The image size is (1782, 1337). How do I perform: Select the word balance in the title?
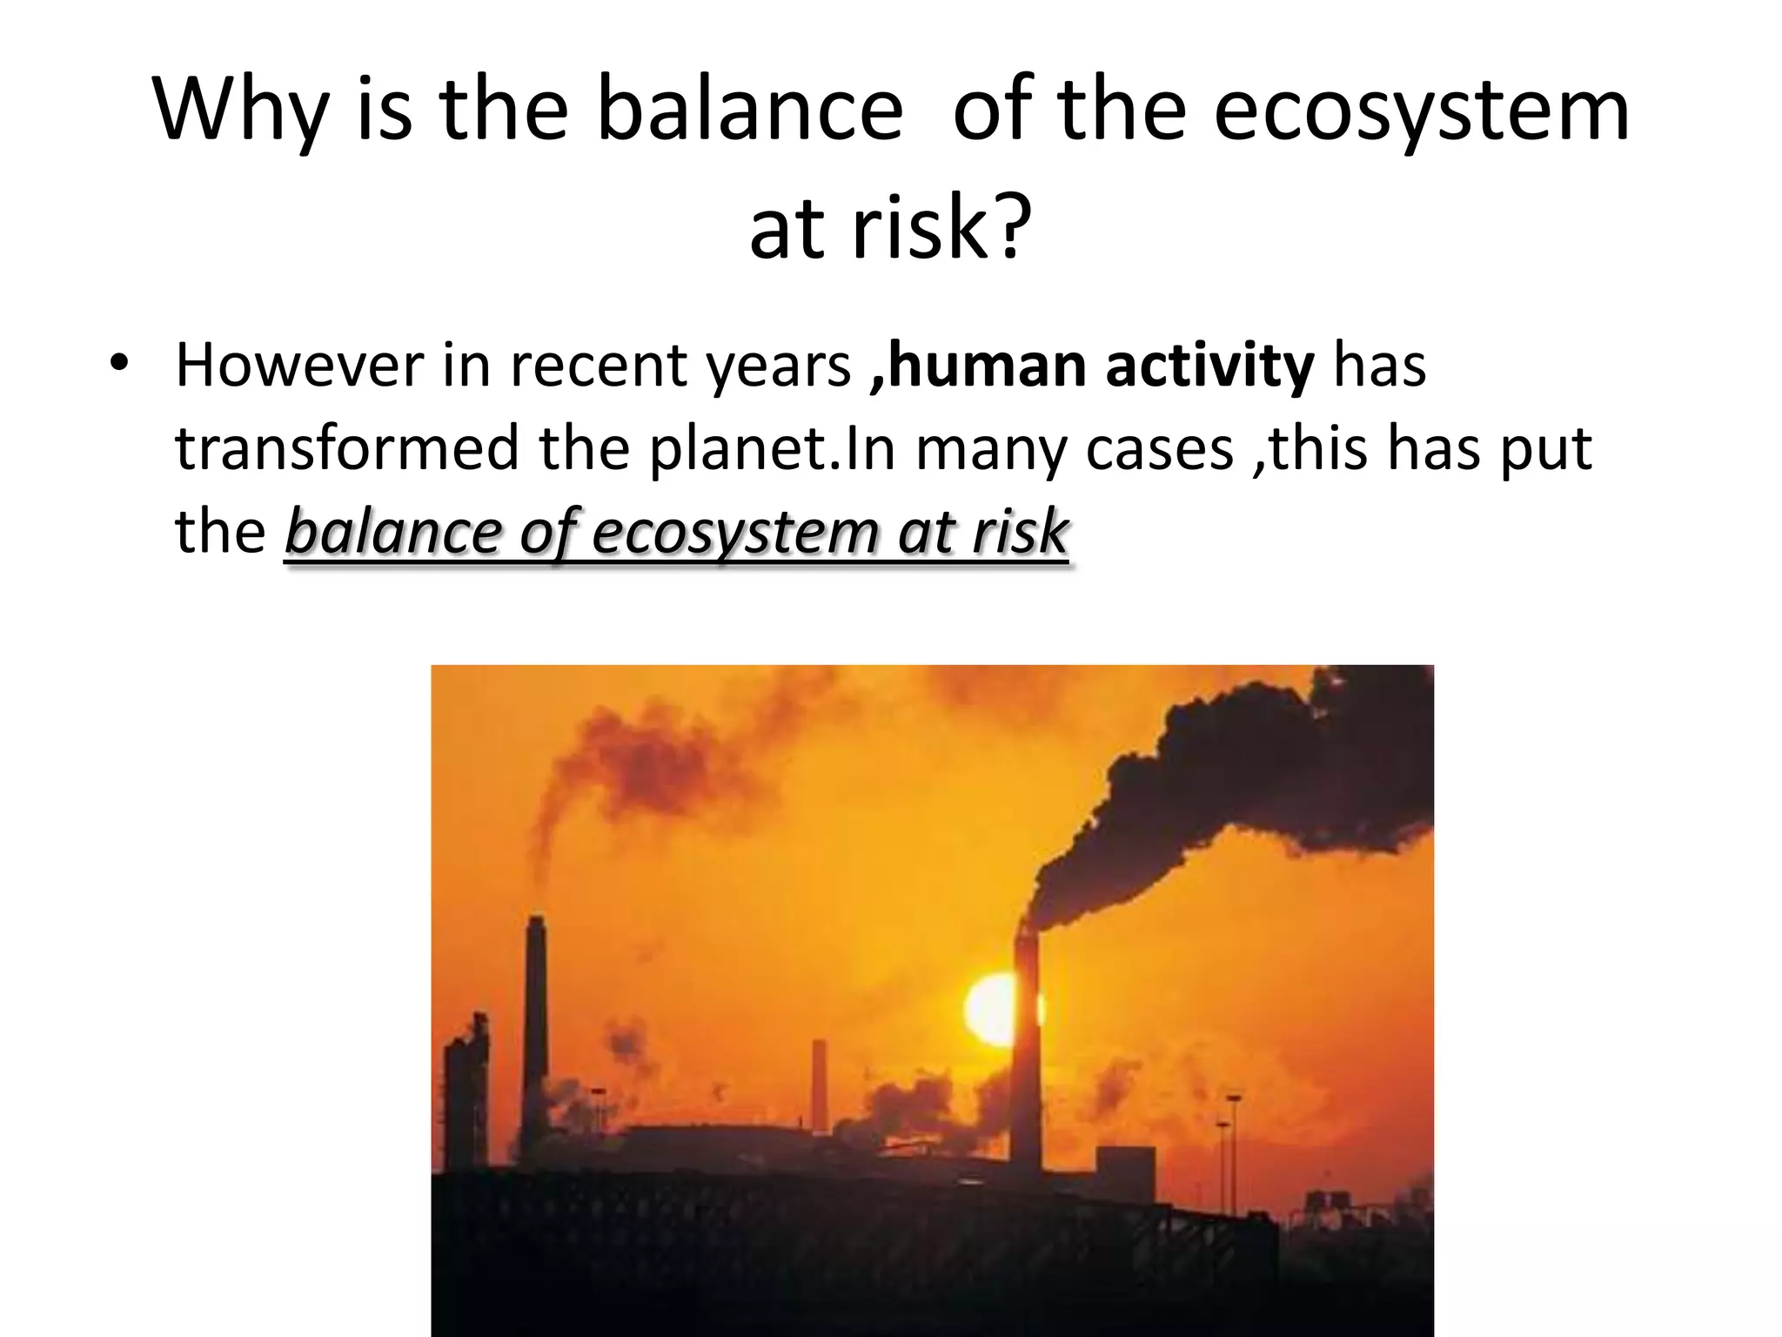point(749,111)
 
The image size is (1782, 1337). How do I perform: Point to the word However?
point(298,366)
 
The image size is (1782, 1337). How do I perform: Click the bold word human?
point(986,366)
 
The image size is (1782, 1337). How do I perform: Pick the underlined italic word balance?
point(393,532)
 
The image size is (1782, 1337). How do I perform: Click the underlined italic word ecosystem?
point(735,532)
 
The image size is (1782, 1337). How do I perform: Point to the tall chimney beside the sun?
point(1028,1053)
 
